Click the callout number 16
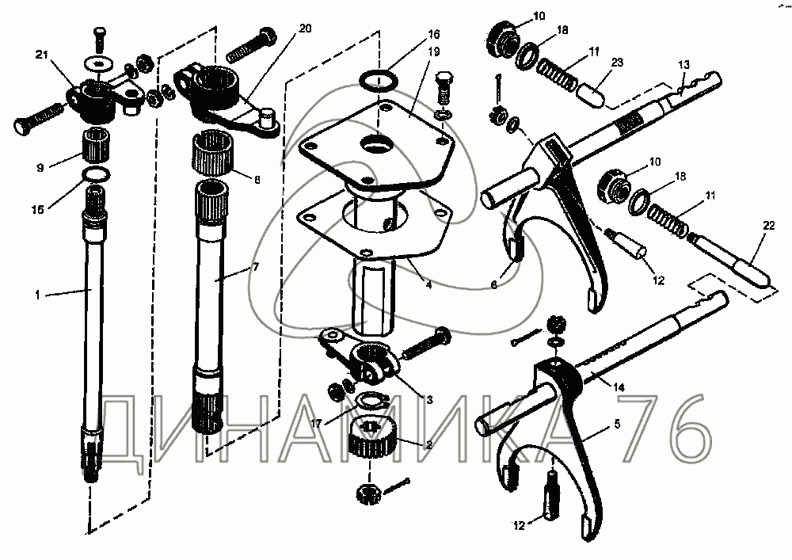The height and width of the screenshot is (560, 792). (434, 34)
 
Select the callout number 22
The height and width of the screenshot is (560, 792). (768, 227)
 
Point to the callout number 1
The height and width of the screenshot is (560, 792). (37, 295)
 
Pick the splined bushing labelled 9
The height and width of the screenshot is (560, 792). (95, 146)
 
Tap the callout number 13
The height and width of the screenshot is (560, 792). (683, 65)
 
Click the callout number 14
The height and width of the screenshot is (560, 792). (619, 387)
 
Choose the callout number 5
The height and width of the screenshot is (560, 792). (617, 424)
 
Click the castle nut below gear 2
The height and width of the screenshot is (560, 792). (368, 493)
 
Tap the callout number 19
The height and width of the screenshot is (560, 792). (434, 51)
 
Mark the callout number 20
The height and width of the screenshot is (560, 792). (305, 29)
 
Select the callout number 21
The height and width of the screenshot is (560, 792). (41, 55)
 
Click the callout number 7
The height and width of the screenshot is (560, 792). (256, 267)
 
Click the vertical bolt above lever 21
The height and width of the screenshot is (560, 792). (100, 38)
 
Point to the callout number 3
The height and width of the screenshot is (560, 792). (429, 400)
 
